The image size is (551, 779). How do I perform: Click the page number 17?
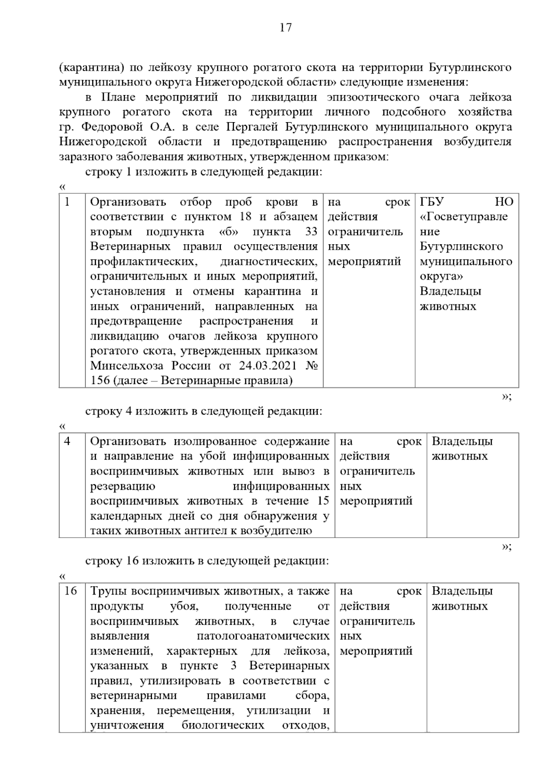[285, 28]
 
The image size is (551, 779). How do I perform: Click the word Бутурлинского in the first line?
[470, 67]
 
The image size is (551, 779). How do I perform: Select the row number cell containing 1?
[68, 202]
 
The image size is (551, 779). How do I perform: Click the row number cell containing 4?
[67, 442]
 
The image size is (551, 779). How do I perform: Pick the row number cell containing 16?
[70, 591]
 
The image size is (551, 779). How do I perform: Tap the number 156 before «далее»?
[100, 381]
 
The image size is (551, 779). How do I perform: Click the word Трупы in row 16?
[107, 591]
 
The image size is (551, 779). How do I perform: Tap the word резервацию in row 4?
[123, 486]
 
